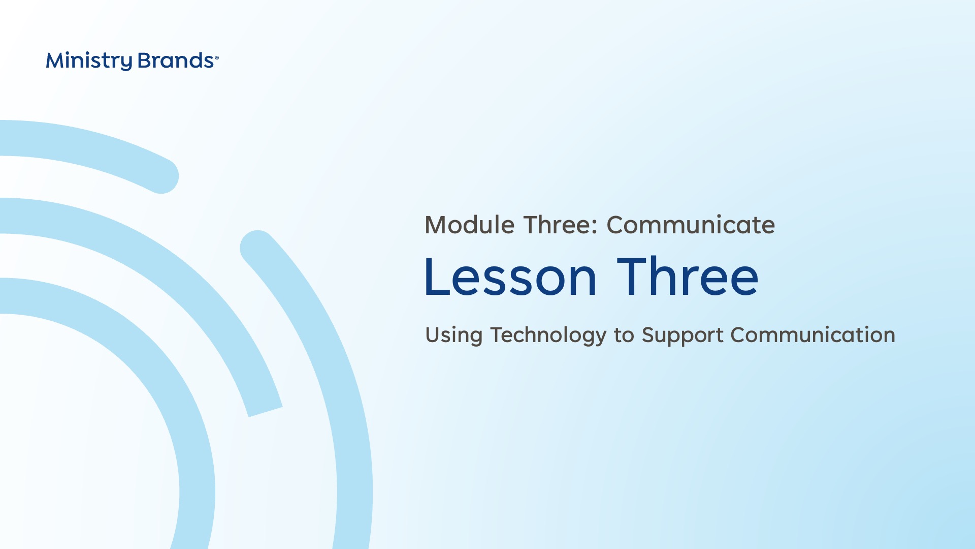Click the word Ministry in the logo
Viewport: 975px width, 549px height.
[x=89, y=61]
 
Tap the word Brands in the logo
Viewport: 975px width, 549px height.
[x=176, y=60]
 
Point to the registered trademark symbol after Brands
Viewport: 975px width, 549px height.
[x=217, y=57]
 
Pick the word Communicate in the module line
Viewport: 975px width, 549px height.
[x=691, y=225]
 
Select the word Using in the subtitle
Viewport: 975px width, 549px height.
[x=453, y=335]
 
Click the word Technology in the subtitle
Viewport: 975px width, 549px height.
[x=548, y=335]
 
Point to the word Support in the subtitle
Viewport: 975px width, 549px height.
[x=682, y=335]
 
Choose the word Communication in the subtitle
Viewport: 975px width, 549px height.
[x=812, y=335]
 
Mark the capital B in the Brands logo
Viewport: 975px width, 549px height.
[x=146, y=60]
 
